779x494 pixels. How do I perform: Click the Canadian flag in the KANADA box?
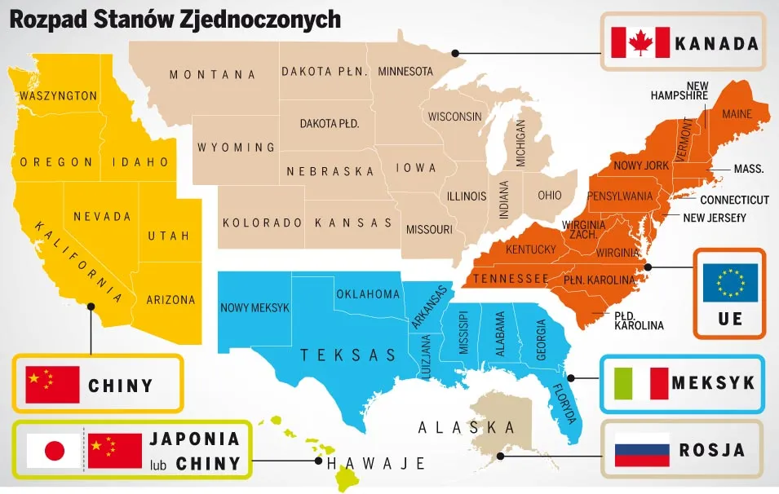click(x=640, y=42)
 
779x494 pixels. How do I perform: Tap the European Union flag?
click(x=731, y=282)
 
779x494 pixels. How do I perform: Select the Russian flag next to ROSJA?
click(x=642, y=450)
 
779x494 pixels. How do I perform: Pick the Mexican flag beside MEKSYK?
click(x=640, y=383)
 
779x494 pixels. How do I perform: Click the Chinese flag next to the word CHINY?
click(x=53, y=384)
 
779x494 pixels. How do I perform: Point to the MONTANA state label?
click(x=212, y=75)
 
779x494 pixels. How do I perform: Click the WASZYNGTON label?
click(x=58, y=96)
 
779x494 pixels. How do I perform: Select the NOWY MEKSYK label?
click(x=255, y=307)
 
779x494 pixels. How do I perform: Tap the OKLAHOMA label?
click(x=368, y=293)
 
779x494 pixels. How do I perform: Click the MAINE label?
click(x=737, y=115)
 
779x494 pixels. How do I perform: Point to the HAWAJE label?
click(x=376, y=464)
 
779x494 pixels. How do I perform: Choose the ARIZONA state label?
click(x=171, y=300)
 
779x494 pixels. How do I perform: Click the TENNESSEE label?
click(x=511, y=279)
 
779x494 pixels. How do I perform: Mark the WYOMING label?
click(x=236, y=148)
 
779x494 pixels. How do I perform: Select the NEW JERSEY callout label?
click(x=715, y=218)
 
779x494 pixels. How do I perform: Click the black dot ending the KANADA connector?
click(x=455, y=54)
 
